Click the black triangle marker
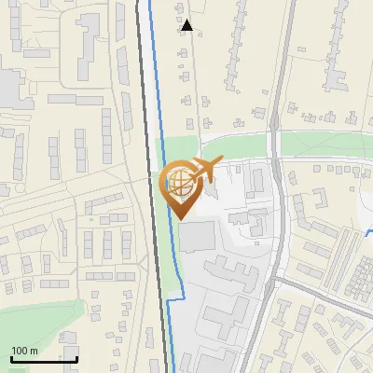187,25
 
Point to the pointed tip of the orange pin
179,218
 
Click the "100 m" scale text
25,351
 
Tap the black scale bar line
43,359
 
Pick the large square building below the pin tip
195,237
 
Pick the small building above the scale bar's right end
68,338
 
